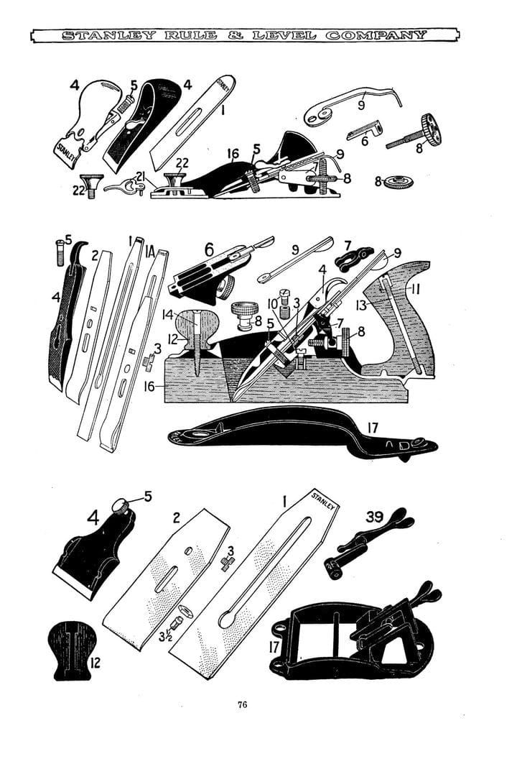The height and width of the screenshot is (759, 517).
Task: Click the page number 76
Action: [x=242, y=704]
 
